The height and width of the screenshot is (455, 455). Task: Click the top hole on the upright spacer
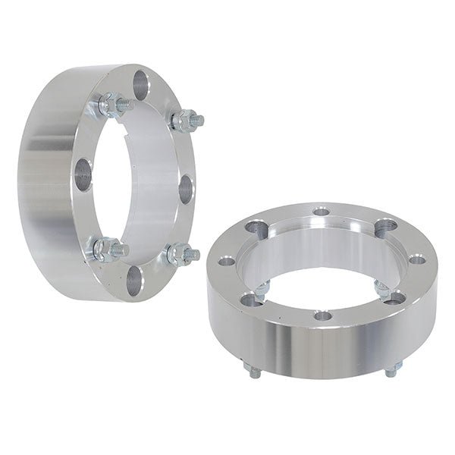click(x=142, y=83)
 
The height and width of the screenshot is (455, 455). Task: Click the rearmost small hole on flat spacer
click(x=322, y=211)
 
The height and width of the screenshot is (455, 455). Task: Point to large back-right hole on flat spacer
click(x=386, y=224)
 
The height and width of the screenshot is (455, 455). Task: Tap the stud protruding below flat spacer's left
click(x=251, y=368)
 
